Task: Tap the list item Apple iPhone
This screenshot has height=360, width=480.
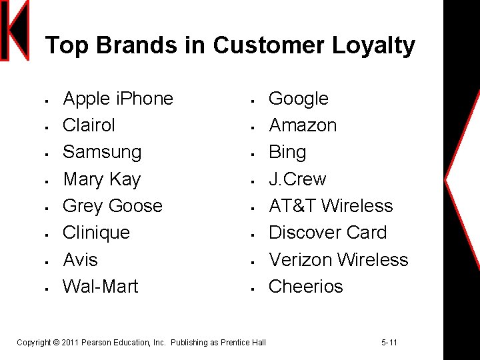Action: (x=118, y=99)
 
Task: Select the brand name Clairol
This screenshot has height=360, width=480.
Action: (x=89, y=125)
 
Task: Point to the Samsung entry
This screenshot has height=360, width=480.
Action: (x=102, y=152)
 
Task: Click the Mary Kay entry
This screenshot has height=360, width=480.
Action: (x=101, y=179)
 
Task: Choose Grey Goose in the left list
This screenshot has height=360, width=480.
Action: (x=112, y=206)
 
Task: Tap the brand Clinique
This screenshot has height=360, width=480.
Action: (x=96, y=233)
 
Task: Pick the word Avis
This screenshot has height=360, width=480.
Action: (x=80, y=259)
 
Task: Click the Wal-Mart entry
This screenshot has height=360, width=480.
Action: (x=100, y=286)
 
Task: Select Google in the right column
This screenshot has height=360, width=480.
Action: (x=298, y=99)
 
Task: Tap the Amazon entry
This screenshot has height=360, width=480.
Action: (x=303, y=125)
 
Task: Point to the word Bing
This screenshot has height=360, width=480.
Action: (x=287, y=152)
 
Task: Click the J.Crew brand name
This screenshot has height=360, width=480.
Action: (x=297, y=179)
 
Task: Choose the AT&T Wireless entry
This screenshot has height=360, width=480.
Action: (x=331, y=206)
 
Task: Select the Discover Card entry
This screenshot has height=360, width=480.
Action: (x=327, y=233)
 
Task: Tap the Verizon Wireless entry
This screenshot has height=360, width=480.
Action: (x=338, y=259)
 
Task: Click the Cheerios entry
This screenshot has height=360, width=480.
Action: (x=305, y=286)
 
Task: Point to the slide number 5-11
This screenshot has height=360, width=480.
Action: (x=389, y=343)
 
